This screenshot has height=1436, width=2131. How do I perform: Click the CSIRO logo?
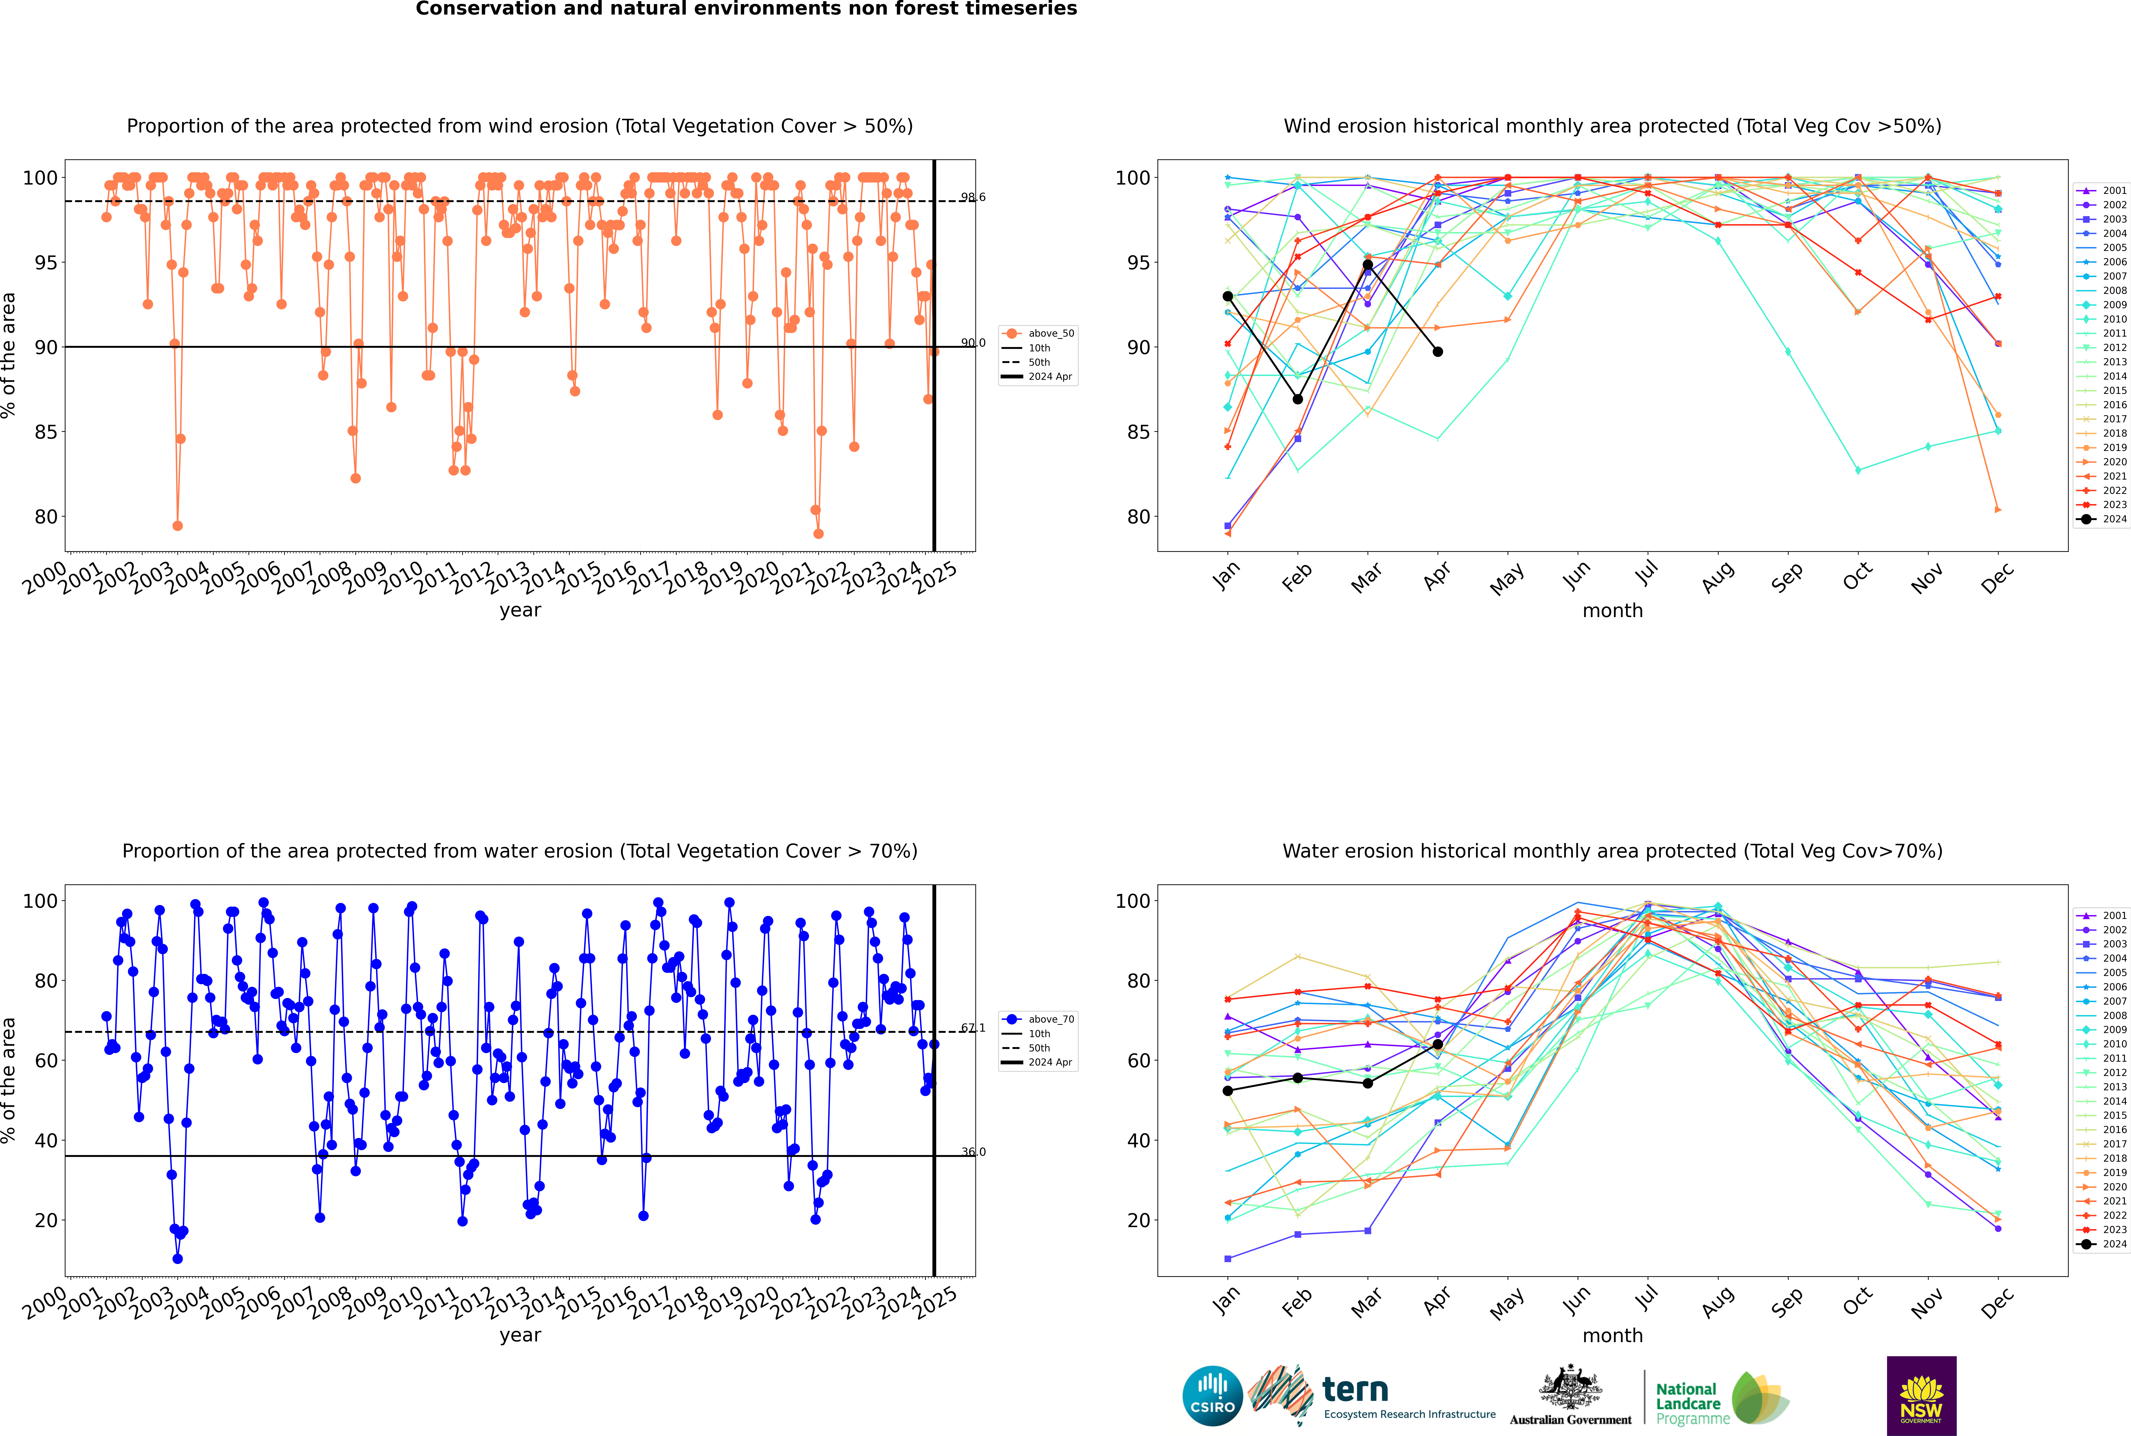[x=1212, y=1396]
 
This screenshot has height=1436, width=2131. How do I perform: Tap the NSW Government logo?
[x=1921, y=1395]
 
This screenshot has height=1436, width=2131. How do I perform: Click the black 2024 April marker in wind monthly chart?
[x=1438, y=352]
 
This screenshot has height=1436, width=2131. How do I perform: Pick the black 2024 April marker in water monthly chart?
[x=1438, y=1044]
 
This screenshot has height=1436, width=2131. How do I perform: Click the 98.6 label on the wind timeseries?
[x=973, y=197]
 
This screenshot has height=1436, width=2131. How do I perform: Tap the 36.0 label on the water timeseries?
[x=973, y=1152]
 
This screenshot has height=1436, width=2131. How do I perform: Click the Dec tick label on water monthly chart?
[x=1997, y=1302]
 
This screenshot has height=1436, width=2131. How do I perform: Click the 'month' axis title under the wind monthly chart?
[x=1612, y=611]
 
